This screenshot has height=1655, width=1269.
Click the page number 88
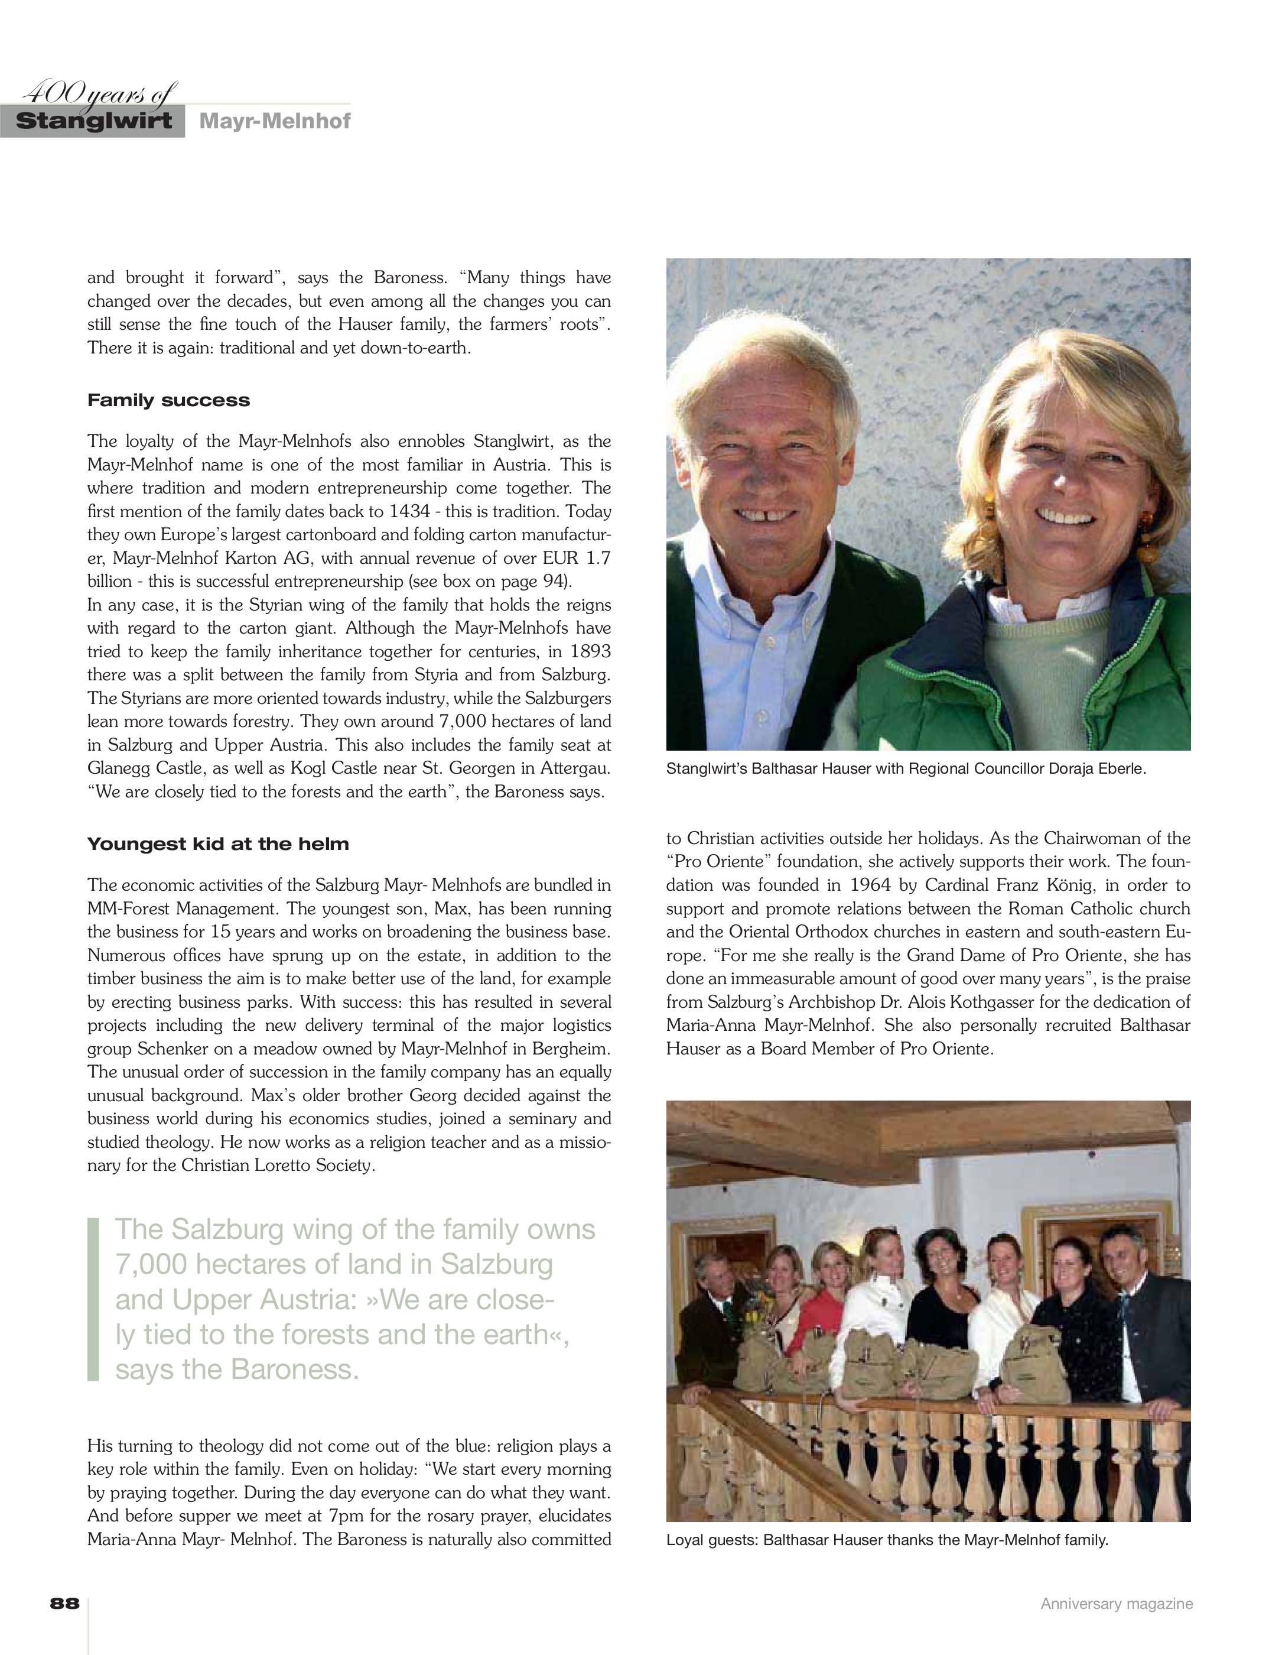[x=65, y=1604]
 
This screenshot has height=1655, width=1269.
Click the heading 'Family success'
[x=168, y=401]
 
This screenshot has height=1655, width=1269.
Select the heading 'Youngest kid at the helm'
[x=219, y=844]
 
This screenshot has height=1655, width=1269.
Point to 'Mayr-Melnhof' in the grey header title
[x=275, y=122]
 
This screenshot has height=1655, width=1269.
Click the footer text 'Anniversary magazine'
[x=1117, y=1604]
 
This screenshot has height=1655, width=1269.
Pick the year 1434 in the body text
[x=409, y=512]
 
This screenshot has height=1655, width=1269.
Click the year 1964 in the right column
[x=870, y=885]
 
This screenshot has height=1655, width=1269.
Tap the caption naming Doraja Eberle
[x=906, y=770]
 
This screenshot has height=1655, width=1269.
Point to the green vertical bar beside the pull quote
[x=94, y=1299]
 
